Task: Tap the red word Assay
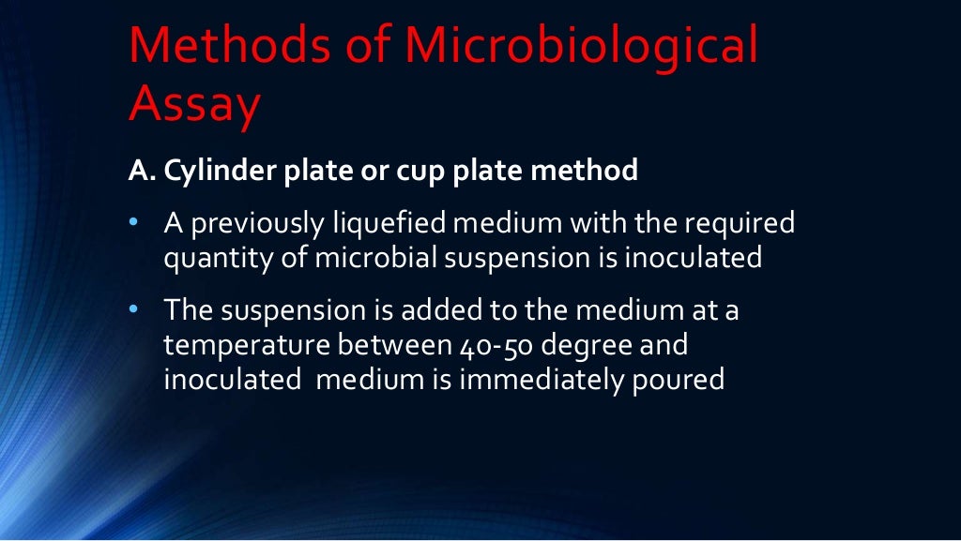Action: point(194,106)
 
